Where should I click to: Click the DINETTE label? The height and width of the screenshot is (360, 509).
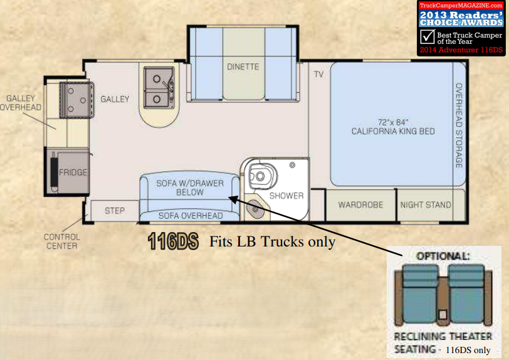coord(243,66)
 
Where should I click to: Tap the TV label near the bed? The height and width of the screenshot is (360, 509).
coord(319,75)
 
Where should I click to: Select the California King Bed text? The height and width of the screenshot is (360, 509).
coord(393,127)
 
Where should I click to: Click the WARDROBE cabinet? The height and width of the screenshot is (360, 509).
coord(360,205)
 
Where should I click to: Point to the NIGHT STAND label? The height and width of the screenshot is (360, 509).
coord(426,204)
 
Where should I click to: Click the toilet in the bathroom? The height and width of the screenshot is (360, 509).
coord(261,176)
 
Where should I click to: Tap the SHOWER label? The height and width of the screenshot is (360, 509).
coord(286,196)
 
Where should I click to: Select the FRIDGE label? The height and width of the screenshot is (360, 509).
coord(73,172)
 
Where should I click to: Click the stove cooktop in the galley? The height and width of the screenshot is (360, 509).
coord(76,100)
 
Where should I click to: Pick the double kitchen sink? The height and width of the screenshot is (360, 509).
coord(159,87)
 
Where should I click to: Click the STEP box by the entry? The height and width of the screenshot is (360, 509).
coord(115,211)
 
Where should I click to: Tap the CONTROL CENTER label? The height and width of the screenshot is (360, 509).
coord(61,241)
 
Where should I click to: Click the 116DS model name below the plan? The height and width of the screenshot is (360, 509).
coord(173,241)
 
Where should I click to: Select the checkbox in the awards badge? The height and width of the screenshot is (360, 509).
coord(428,37)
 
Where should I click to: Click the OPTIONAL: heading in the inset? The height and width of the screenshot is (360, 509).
coord(443,257)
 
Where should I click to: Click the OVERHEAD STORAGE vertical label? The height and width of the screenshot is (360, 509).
coord(459,125)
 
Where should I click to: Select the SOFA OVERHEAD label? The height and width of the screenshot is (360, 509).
coord(191,216)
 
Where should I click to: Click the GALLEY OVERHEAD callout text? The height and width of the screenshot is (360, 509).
coord(21,103)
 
